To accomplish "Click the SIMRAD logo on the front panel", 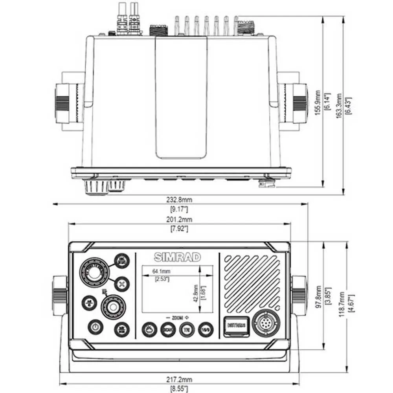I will click(177, 257).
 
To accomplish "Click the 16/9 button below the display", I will click(205, 329).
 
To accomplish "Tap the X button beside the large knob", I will click(122, 283).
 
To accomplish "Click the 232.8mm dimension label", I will click(180, 200).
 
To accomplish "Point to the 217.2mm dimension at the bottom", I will click(180, 380).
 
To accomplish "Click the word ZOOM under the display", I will click(176, 317).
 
